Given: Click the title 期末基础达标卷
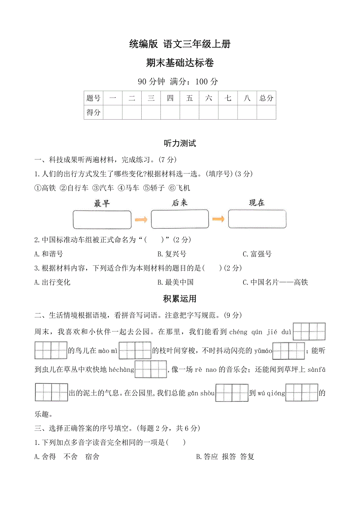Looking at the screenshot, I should [x=180, y=63].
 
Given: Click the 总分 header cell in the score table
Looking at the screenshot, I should [x=266, y=98].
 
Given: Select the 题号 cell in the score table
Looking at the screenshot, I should [x=94, y=98].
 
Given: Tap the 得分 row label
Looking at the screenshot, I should [x=94, y=113].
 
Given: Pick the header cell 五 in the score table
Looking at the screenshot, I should [x=189, y=98].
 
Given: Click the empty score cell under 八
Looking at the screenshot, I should [x=247, y=113].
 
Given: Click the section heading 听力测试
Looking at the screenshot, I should [x=180, y=143].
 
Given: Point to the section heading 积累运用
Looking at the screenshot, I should [x=180, y=299].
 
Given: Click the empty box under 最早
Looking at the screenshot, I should [x=102, y=220].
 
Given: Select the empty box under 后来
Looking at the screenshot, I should [x=180, y=219].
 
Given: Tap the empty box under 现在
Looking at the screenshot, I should [x=257, y=219].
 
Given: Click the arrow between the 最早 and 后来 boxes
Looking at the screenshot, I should [x=141, y=220].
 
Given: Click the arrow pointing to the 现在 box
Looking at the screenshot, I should [x=218, y=219].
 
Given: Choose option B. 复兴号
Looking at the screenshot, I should [x=172, y=254].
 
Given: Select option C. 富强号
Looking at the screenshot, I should [x=257, y=254].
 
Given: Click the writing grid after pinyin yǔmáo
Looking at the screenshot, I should [x=289, y=351].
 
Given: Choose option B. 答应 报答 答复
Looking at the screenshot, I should [x=225, y=457].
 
